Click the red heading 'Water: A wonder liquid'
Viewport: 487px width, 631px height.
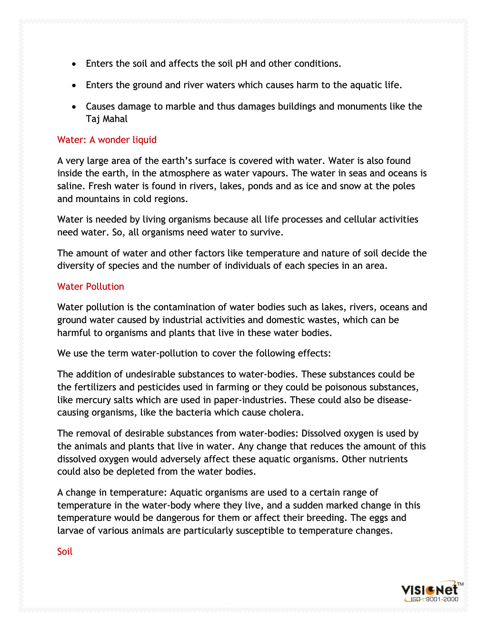[107, 140]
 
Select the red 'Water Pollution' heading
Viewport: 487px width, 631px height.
[90, 286]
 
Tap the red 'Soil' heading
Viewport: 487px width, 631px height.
[65, 551]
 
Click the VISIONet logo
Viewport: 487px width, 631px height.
[429, 590]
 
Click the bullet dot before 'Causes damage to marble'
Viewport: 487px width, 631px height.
[74, 107]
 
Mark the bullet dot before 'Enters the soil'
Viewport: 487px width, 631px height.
[74, 64]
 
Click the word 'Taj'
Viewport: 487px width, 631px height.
[93, 119]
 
